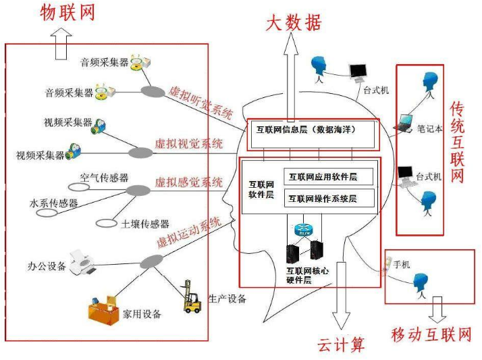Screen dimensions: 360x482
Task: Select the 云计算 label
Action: pyautogui.click(x=341, y=344)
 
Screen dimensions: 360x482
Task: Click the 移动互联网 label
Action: pyautogui.click(x=431, y=334)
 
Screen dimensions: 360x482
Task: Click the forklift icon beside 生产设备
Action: pyautogui.click(x=192, y=297)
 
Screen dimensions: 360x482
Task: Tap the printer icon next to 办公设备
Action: pyautogui.click(x=83, y=261)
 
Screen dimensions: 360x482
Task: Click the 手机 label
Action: pyautogui.click(x=402, y=264)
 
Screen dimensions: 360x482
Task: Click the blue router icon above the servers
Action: pyautogui.click(x=300, y=230)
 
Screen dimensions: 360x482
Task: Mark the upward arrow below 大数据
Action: pyautogui.click(x=291, y=74)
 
